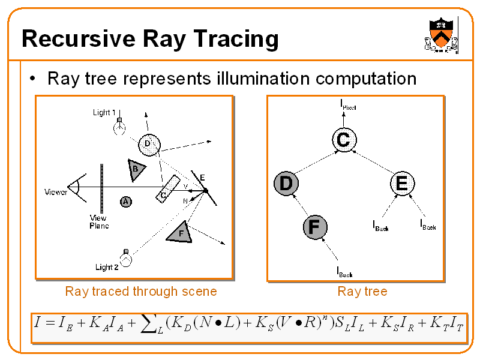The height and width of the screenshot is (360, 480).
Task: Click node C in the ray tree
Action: (343, 140)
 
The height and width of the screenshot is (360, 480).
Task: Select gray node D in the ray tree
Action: (286, 184)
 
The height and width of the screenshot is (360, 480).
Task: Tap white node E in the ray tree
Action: (401, 183)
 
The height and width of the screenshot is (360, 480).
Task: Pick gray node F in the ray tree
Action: (314, 227)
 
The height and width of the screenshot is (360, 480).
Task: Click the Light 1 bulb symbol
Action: (120, 127)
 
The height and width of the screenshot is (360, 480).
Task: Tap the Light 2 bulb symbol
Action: (126, 259)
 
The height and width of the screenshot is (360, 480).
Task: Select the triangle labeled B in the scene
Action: (136, 169)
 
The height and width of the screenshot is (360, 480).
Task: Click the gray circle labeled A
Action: (125, 202)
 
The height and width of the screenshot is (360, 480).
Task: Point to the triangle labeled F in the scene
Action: (181, 233)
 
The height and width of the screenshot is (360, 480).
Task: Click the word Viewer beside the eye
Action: (56, 192)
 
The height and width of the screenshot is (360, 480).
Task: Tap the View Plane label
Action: (98, 222)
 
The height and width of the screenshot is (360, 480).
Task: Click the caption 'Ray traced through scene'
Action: (141, 292)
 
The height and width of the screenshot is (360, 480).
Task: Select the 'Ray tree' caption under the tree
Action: (362, 292)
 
